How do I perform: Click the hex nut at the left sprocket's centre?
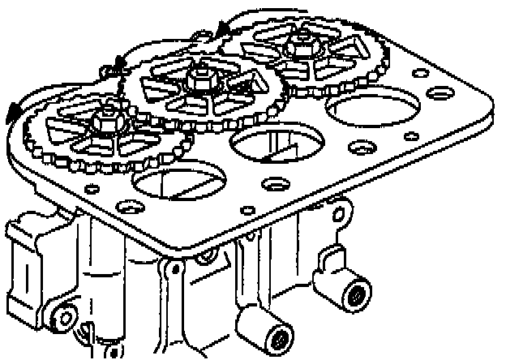pos(104,122)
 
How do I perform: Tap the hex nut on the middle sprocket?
pos(196,79)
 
